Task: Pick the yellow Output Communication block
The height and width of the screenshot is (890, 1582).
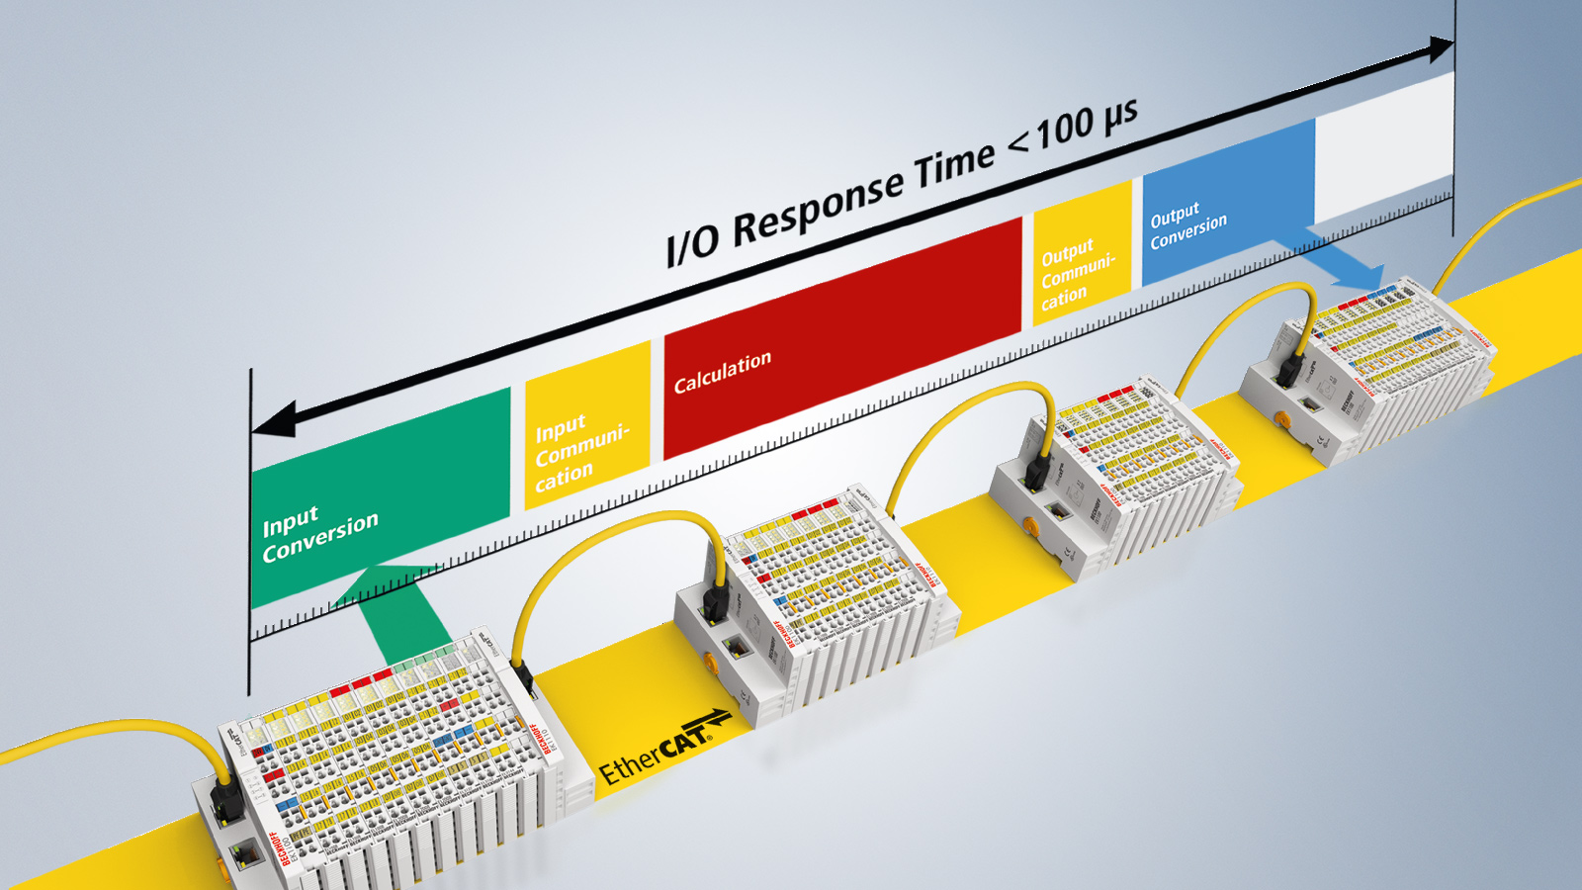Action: coord(1081,252)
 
